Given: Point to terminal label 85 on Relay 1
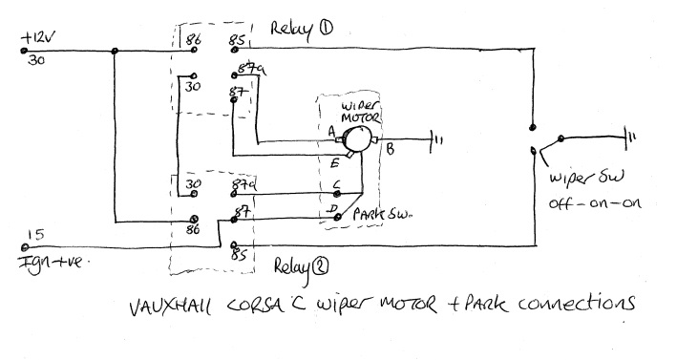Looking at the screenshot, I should click(238, 41).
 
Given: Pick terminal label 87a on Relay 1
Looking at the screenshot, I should click(243, 72).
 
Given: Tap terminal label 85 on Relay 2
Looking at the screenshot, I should click(240, 256).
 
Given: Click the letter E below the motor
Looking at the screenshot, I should click(335, 163).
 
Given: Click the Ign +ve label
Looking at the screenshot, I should click(44, 255).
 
